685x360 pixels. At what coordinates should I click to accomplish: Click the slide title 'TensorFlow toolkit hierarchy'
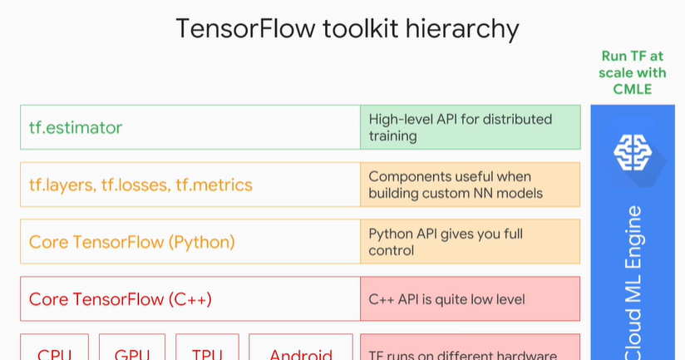[x=347, y=29]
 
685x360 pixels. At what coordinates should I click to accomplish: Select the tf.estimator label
[x=76, y=127]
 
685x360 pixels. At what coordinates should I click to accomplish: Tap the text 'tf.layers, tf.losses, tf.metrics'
[x=140, y=185]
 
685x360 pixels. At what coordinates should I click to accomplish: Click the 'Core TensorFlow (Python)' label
[x=132, y=242]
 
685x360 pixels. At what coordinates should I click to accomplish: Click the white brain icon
[x=634, y=150]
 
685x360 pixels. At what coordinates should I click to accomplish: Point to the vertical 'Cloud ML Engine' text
[x=633, y=283]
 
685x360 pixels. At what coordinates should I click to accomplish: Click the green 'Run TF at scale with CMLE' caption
[x=633, y=72]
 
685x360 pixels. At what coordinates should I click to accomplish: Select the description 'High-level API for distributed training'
[x=461, y=127]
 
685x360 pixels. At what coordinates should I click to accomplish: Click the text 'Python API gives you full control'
[x=446, y=242]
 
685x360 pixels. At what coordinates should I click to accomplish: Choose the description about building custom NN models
[x=456, y=185]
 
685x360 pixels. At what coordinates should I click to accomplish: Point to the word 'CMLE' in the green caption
[x=633, y=89]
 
